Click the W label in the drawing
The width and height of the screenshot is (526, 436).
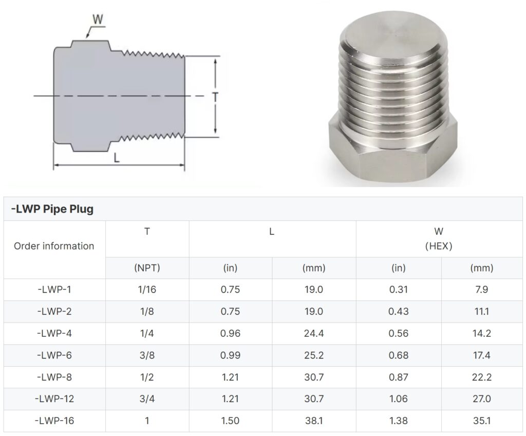coord(98,21)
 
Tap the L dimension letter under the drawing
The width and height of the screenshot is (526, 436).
coord(117,158)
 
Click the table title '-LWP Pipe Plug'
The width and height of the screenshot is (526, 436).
coord(52,210)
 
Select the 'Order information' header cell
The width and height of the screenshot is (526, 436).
coord(54,246)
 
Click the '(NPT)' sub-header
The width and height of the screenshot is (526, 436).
coord(147,268)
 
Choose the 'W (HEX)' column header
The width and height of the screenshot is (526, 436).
coord(438,239)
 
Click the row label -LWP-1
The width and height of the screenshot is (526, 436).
coord(54,290)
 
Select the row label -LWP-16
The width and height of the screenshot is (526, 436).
coord(54,421)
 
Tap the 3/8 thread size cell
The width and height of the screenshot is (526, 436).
coord(147,355)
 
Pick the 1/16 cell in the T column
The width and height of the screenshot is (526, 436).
coord(147,290)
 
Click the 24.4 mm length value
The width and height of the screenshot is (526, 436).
coord(313,333)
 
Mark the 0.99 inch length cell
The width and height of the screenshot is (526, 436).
coord(230,355)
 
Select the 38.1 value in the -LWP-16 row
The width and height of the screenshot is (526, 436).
coord(313,421)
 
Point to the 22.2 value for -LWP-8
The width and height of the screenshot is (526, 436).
coord(481,377)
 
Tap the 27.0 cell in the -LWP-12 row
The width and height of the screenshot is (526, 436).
coord(481,399)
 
